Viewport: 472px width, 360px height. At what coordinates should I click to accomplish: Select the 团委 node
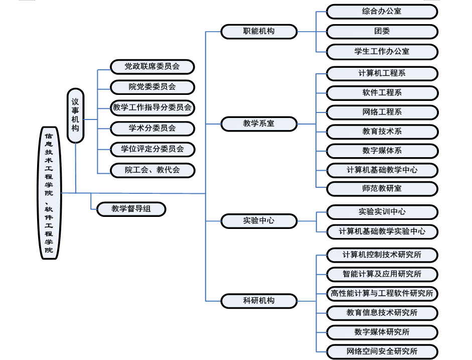[x=382, y=31]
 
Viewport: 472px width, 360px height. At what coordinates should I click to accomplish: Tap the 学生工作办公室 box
[x=382, y=51]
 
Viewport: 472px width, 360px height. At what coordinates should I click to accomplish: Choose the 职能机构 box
[x=259, y=31]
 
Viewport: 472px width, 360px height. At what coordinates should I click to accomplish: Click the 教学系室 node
[x=259, y=124]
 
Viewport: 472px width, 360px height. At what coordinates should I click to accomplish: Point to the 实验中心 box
[x=259, y=220]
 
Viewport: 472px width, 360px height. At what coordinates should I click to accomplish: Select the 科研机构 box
[x=259, y=301]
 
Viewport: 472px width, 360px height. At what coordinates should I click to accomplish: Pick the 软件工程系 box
[x=382, y=93]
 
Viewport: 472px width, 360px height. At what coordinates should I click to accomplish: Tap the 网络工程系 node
[x=382, y=112]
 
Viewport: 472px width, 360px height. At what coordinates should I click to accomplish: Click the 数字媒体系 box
[x=382, y=151]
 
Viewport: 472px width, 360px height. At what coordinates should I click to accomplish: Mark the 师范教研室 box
[x=382, y=189]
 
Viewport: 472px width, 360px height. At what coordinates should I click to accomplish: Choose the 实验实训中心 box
[x=382, y=212]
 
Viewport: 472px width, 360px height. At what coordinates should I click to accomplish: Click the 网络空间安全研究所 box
[x=382, y=351]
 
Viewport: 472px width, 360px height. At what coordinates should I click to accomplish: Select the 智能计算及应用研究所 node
[x=382, y=274]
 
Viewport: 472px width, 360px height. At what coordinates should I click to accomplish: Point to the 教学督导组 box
[x=131, y=209]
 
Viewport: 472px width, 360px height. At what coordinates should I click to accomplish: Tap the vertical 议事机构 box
[x=75, y=115]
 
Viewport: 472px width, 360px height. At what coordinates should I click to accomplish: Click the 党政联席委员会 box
[x=152, y=66]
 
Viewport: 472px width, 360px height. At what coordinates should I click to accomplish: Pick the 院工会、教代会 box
[x=152, y=170]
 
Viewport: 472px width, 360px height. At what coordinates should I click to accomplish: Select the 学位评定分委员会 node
[x=152, y=149]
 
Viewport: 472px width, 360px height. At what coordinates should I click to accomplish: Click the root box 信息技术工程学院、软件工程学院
[x=49, y=193]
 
